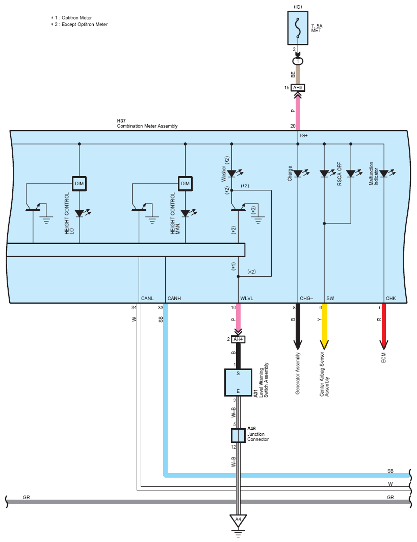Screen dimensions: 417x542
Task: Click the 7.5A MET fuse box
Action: [x=298, y=28]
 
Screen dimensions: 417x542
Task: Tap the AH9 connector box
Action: [x=298, y=88]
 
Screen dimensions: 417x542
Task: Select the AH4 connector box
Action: [x=238, y=339]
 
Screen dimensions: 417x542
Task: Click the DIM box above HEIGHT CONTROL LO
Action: [x=80, y=184]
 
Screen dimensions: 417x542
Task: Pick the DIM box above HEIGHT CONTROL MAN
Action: [x=186, y=184]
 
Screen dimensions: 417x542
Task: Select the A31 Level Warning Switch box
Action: [x=238, y=382]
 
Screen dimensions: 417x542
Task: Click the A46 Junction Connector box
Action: [x=238, y=435]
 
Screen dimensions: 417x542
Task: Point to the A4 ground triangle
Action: [x=238, y=521]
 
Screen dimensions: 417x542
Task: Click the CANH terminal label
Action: [x=174, y=299]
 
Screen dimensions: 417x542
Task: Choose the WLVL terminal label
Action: [x=247, y=299]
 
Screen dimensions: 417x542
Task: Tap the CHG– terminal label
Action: [x=306, y=299]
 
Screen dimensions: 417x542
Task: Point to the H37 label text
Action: [x=121, y=120]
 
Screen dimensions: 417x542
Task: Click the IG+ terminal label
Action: [x=304, y=136]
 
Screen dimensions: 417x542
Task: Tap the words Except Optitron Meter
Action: [x=85, y=24]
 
